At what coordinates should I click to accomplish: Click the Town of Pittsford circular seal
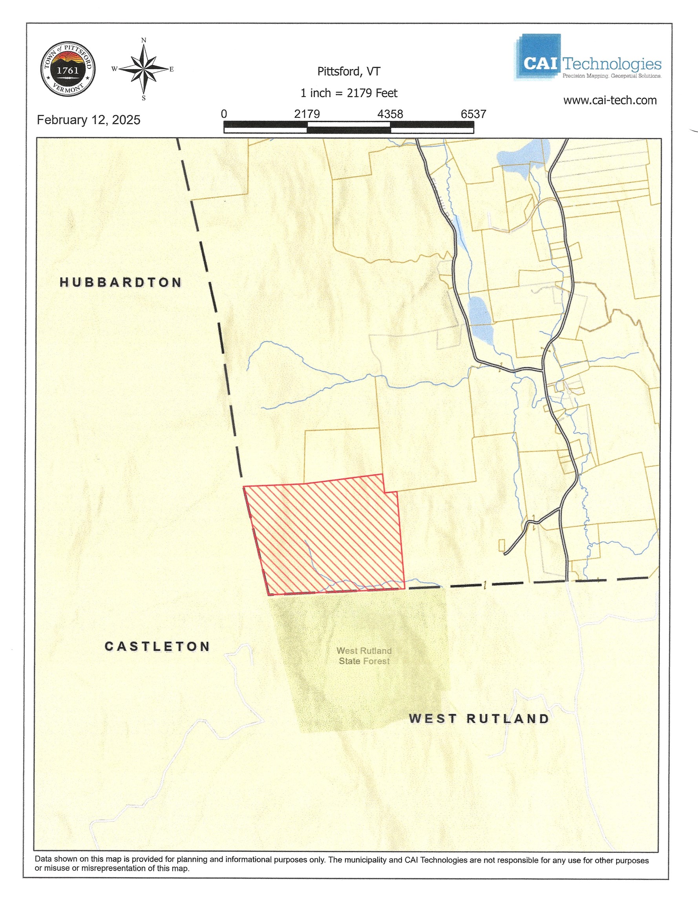68,69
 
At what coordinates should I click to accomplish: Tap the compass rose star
144,69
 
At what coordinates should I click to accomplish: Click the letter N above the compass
144,40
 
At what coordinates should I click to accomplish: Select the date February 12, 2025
89,120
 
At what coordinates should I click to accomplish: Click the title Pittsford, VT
349,72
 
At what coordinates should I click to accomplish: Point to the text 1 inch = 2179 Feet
349,93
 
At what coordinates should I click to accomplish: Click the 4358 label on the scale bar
390,114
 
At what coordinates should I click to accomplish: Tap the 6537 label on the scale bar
473,114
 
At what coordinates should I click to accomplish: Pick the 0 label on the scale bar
224,114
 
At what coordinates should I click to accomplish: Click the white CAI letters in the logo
540,63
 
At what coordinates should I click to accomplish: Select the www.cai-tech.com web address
610,100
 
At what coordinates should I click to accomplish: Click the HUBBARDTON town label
121,282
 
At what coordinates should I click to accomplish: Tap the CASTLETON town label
157,647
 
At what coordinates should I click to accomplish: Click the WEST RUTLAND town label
479,718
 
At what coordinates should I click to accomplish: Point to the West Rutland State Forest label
364,656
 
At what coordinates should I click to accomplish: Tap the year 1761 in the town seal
68,70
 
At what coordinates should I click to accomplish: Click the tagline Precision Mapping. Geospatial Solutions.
611,76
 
